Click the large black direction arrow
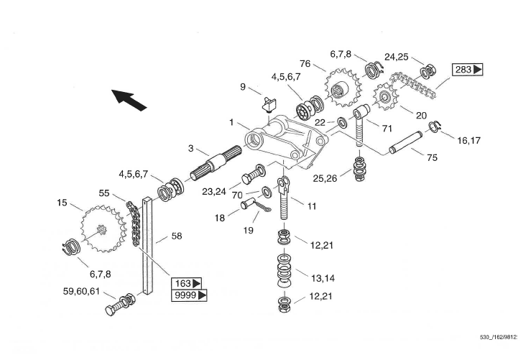tap(129, 100)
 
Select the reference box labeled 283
tap(468, 70)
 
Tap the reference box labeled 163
tap(187, 283)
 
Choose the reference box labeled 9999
tap(189, 295)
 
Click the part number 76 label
tap(305, 64)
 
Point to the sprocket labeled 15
tap(102, 229)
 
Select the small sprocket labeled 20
tap(385, 97)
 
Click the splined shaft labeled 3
tap(216, 163)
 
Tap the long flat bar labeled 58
tap(148, 246)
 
